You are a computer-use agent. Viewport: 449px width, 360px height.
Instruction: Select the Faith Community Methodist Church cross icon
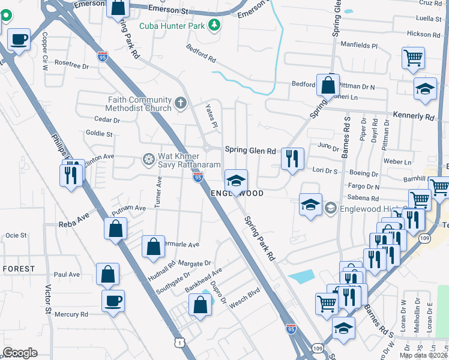[x=179, y=104]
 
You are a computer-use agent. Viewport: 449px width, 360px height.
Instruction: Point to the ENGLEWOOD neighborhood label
[x=237, y=194]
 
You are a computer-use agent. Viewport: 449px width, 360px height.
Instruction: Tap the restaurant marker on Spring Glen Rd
[x=292, y=159]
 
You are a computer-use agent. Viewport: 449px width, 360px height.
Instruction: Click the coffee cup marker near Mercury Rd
[x=113, y=301]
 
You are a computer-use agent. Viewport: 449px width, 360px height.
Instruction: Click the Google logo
[x=20, y=353]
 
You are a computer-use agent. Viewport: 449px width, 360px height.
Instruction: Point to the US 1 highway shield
[x=179, y=343]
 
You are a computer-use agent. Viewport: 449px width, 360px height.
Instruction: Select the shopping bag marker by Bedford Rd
[x=328, y=85]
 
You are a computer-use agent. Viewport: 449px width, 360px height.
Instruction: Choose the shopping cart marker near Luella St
[x=413, y=58]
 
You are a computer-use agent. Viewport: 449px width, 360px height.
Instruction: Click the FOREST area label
[x=18, y=269]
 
